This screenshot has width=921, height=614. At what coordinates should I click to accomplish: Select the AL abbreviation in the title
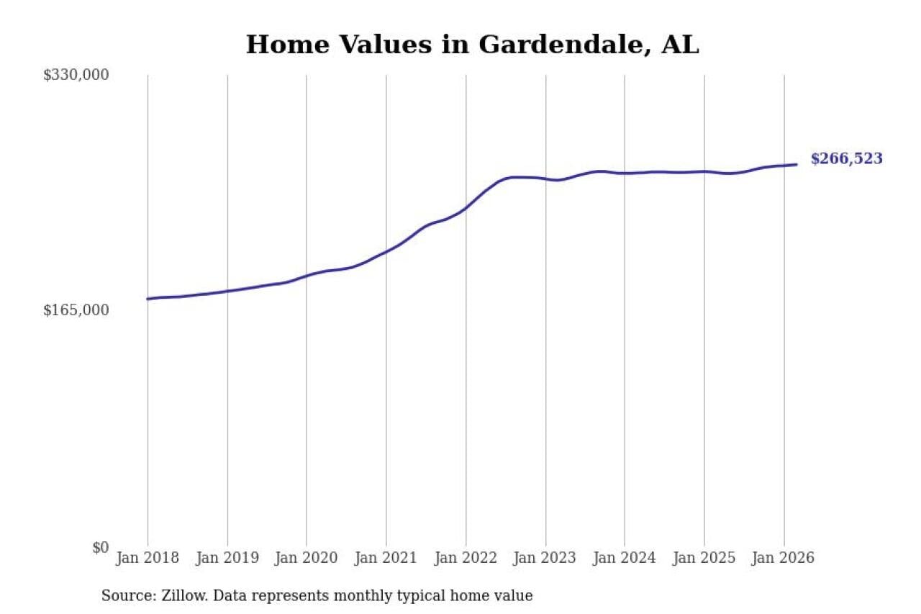pyautogui.click(x=680, y=45)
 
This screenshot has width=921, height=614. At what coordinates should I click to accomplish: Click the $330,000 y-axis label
pyautogui.click(x=76, y=75)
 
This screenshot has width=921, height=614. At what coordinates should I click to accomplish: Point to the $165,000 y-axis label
pyautogui.click(x=76, y=310)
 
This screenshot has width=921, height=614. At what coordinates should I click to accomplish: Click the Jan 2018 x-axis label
pyautogui.click(x=148, y=558)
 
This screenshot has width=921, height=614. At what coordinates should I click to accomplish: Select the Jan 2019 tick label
pyautogui.click(x=227, y=558)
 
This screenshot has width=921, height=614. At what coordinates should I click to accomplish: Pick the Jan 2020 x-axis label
pyautogui.click(x=307, y=558)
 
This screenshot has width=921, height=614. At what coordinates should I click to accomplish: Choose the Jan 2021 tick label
pyautogui.click(x=386, y=558)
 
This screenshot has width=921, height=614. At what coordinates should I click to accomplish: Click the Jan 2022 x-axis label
pyautogui.click(x=466, y=558)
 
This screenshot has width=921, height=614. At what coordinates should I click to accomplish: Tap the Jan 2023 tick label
pyautogui.click(x=545, y=558)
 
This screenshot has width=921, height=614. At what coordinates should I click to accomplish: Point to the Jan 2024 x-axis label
pyautogui.click(x=625, y=558)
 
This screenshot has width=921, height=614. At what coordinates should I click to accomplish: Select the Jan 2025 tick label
pyautogui.click(x=704, y=558)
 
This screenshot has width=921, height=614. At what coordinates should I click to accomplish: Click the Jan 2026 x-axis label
pyautogui.click(x=784, y=558)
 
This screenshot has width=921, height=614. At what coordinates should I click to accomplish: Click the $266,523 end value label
pyautogui.click(x=846, y=159)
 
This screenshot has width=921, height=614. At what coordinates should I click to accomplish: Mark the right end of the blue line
pyautogui.click(x=797, y=164)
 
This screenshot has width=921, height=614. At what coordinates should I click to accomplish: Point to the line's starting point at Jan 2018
pyautogui.click(x=148, y=299)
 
